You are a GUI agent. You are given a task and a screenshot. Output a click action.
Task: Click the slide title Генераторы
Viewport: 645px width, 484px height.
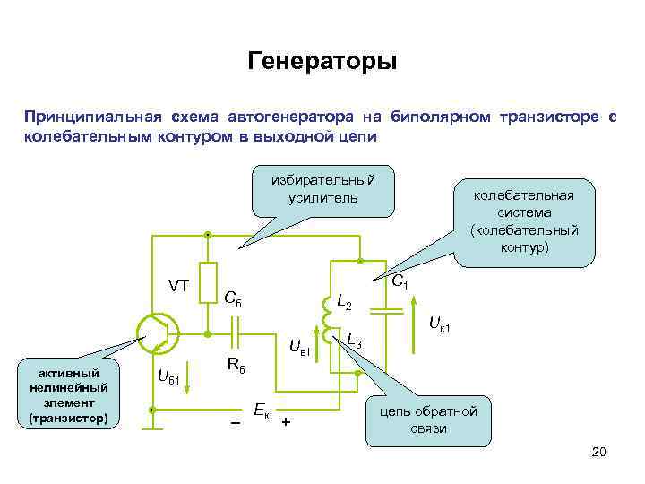[x=321, y=63]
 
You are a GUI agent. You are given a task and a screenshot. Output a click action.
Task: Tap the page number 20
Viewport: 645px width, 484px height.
[x=599, y=452]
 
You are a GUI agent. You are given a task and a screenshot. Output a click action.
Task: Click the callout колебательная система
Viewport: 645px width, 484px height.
[x=524, y=220]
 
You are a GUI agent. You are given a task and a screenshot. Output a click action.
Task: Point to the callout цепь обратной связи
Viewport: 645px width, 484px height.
[x=429, y=419]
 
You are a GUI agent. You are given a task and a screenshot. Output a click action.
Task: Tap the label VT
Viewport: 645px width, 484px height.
[x=178, y=286]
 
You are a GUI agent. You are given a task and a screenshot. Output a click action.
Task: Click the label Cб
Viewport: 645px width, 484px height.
[x=236, y=298]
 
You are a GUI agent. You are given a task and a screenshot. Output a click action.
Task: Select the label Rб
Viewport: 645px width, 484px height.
[x=236, y=366]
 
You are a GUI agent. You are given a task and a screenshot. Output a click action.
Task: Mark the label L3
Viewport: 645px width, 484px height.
[x=354, y=341]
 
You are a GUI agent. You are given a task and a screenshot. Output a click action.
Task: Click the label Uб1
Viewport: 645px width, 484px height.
[x=169, y=378]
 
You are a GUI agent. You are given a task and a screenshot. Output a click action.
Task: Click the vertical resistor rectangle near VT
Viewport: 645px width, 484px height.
[x=208, y=283]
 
